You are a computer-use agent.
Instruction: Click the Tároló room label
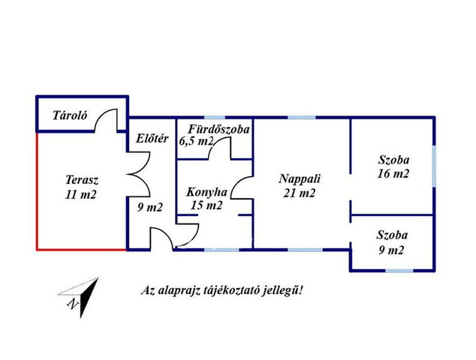[x=70, y=115]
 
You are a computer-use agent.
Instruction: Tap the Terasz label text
[x=82, y=180]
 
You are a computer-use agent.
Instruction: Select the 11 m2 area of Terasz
[x=81, y=194]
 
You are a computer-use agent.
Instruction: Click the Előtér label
[x=152, y=139]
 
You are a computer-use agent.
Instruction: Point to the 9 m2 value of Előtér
[x=150, y=208]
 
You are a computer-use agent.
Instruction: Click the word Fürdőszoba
[x=219, y=130]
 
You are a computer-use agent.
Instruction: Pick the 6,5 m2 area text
[x=196, y=141]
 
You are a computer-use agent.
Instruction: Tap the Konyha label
[x=206, y=192]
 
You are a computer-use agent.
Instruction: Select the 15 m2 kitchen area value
[x=206, y=205]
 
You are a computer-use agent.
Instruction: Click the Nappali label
[x=300, y=178]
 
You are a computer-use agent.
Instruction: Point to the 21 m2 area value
[x=300, y=193]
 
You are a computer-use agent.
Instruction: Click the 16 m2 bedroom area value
[x=393, y=174]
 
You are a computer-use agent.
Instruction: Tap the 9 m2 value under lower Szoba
[x=392, y=250]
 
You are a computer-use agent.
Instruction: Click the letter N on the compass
[x=73, y=304]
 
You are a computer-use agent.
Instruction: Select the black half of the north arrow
[x=88, y=295]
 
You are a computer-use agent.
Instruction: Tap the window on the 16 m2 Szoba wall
[x=435, y=166]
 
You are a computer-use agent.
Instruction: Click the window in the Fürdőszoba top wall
[x=215, y=117]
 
